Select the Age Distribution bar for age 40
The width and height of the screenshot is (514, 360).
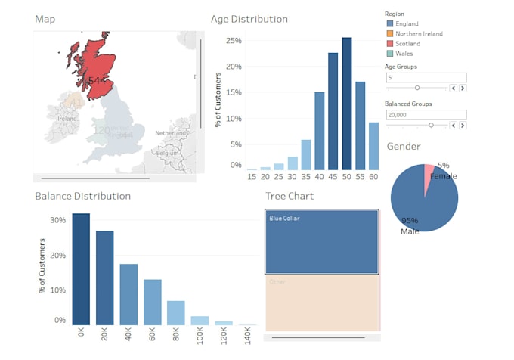pyautogui.click(x=320, y=131)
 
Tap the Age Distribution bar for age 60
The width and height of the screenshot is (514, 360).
pyautogui.click(x=373, y=146)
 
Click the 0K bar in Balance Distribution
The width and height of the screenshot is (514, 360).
pyautogui.click(x=81, y=269)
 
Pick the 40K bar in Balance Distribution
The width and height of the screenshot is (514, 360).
pyautogui.click(x=128, y=294)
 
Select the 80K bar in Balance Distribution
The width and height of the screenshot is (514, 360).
pyautogui.click(x=176, y=312)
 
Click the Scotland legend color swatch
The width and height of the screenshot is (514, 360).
pyautogui.click(x=389, y=44)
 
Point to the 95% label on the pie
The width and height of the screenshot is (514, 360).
pyautogui.click(x=410, y=221)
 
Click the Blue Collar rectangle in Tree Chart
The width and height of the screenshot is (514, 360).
pyautogui.click(x=322, y=242)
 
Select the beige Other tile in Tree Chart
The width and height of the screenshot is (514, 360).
pyautogui.click(x=322, y=303)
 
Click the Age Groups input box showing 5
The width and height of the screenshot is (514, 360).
pyautogui.click(x=425, y=77)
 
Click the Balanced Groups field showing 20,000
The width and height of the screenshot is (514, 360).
pyautogui.click(x=425, y=114)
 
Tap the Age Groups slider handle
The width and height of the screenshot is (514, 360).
pyautogui.click(x=416, y=88)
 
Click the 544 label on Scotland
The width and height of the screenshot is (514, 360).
pyautogui.click(x=97, y=80)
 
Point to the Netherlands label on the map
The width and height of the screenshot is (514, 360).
pyautogui.click(x=171, y=132)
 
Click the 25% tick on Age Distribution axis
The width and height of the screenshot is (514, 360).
pyautogui.click(x=234, y=41)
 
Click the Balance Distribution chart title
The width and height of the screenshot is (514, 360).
pyautogui.click(x=82, y=196)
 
